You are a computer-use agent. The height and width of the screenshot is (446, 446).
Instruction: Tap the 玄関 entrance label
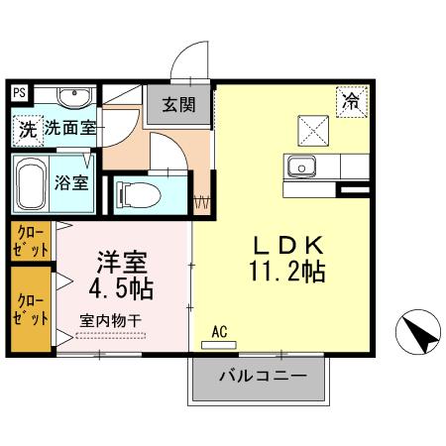pos(180,102)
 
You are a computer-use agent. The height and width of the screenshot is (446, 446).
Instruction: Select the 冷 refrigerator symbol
pos(350,100)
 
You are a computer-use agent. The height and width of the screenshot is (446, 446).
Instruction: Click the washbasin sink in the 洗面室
pos(71,97)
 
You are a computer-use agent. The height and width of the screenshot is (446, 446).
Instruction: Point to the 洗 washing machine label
pos(28,128)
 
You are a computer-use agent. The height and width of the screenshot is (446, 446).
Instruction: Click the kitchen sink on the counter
pos(300,165)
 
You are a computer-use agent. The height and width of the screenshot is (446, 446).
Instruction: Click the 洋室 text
pos(121,264)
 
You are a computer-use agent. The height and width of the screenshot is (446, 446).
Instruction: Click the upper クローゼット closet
pos(30,241)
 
